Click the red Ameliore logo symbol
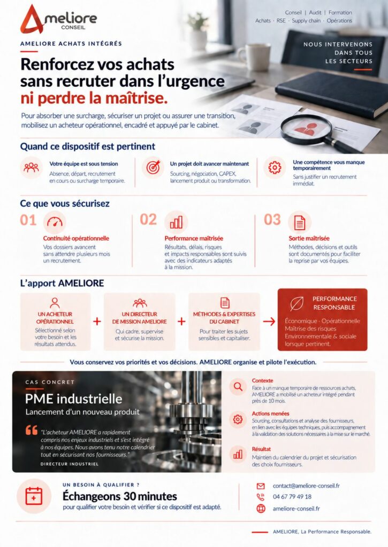(32, 20)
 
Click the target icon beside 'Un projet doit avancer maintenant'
(153, 168)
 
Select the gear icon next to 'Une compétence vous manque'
(275, 168)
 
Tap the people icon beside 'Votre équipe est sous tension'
(31, 168)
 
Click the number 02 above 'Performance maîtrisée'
(148, 220)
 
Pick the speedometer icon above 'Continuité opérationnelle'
(55, 222)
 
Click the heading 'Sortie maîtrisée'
(309, 238)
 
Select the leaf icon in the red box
(296, 303)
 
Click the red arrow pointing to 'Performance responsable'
(269, 321)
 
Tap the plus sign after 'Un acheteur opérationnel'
(97, 321)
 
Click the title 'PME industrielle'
(73, 398)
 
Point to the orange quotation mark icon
(32, 430)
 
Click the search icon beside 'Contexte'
(238, 387)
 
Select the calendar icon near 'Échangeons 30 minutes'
(34, 496)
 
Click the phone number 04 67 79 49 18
(292, 497)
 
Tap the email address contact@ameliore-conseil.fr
(306, 486)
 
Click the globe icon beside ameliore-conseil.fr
(261, 509)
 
